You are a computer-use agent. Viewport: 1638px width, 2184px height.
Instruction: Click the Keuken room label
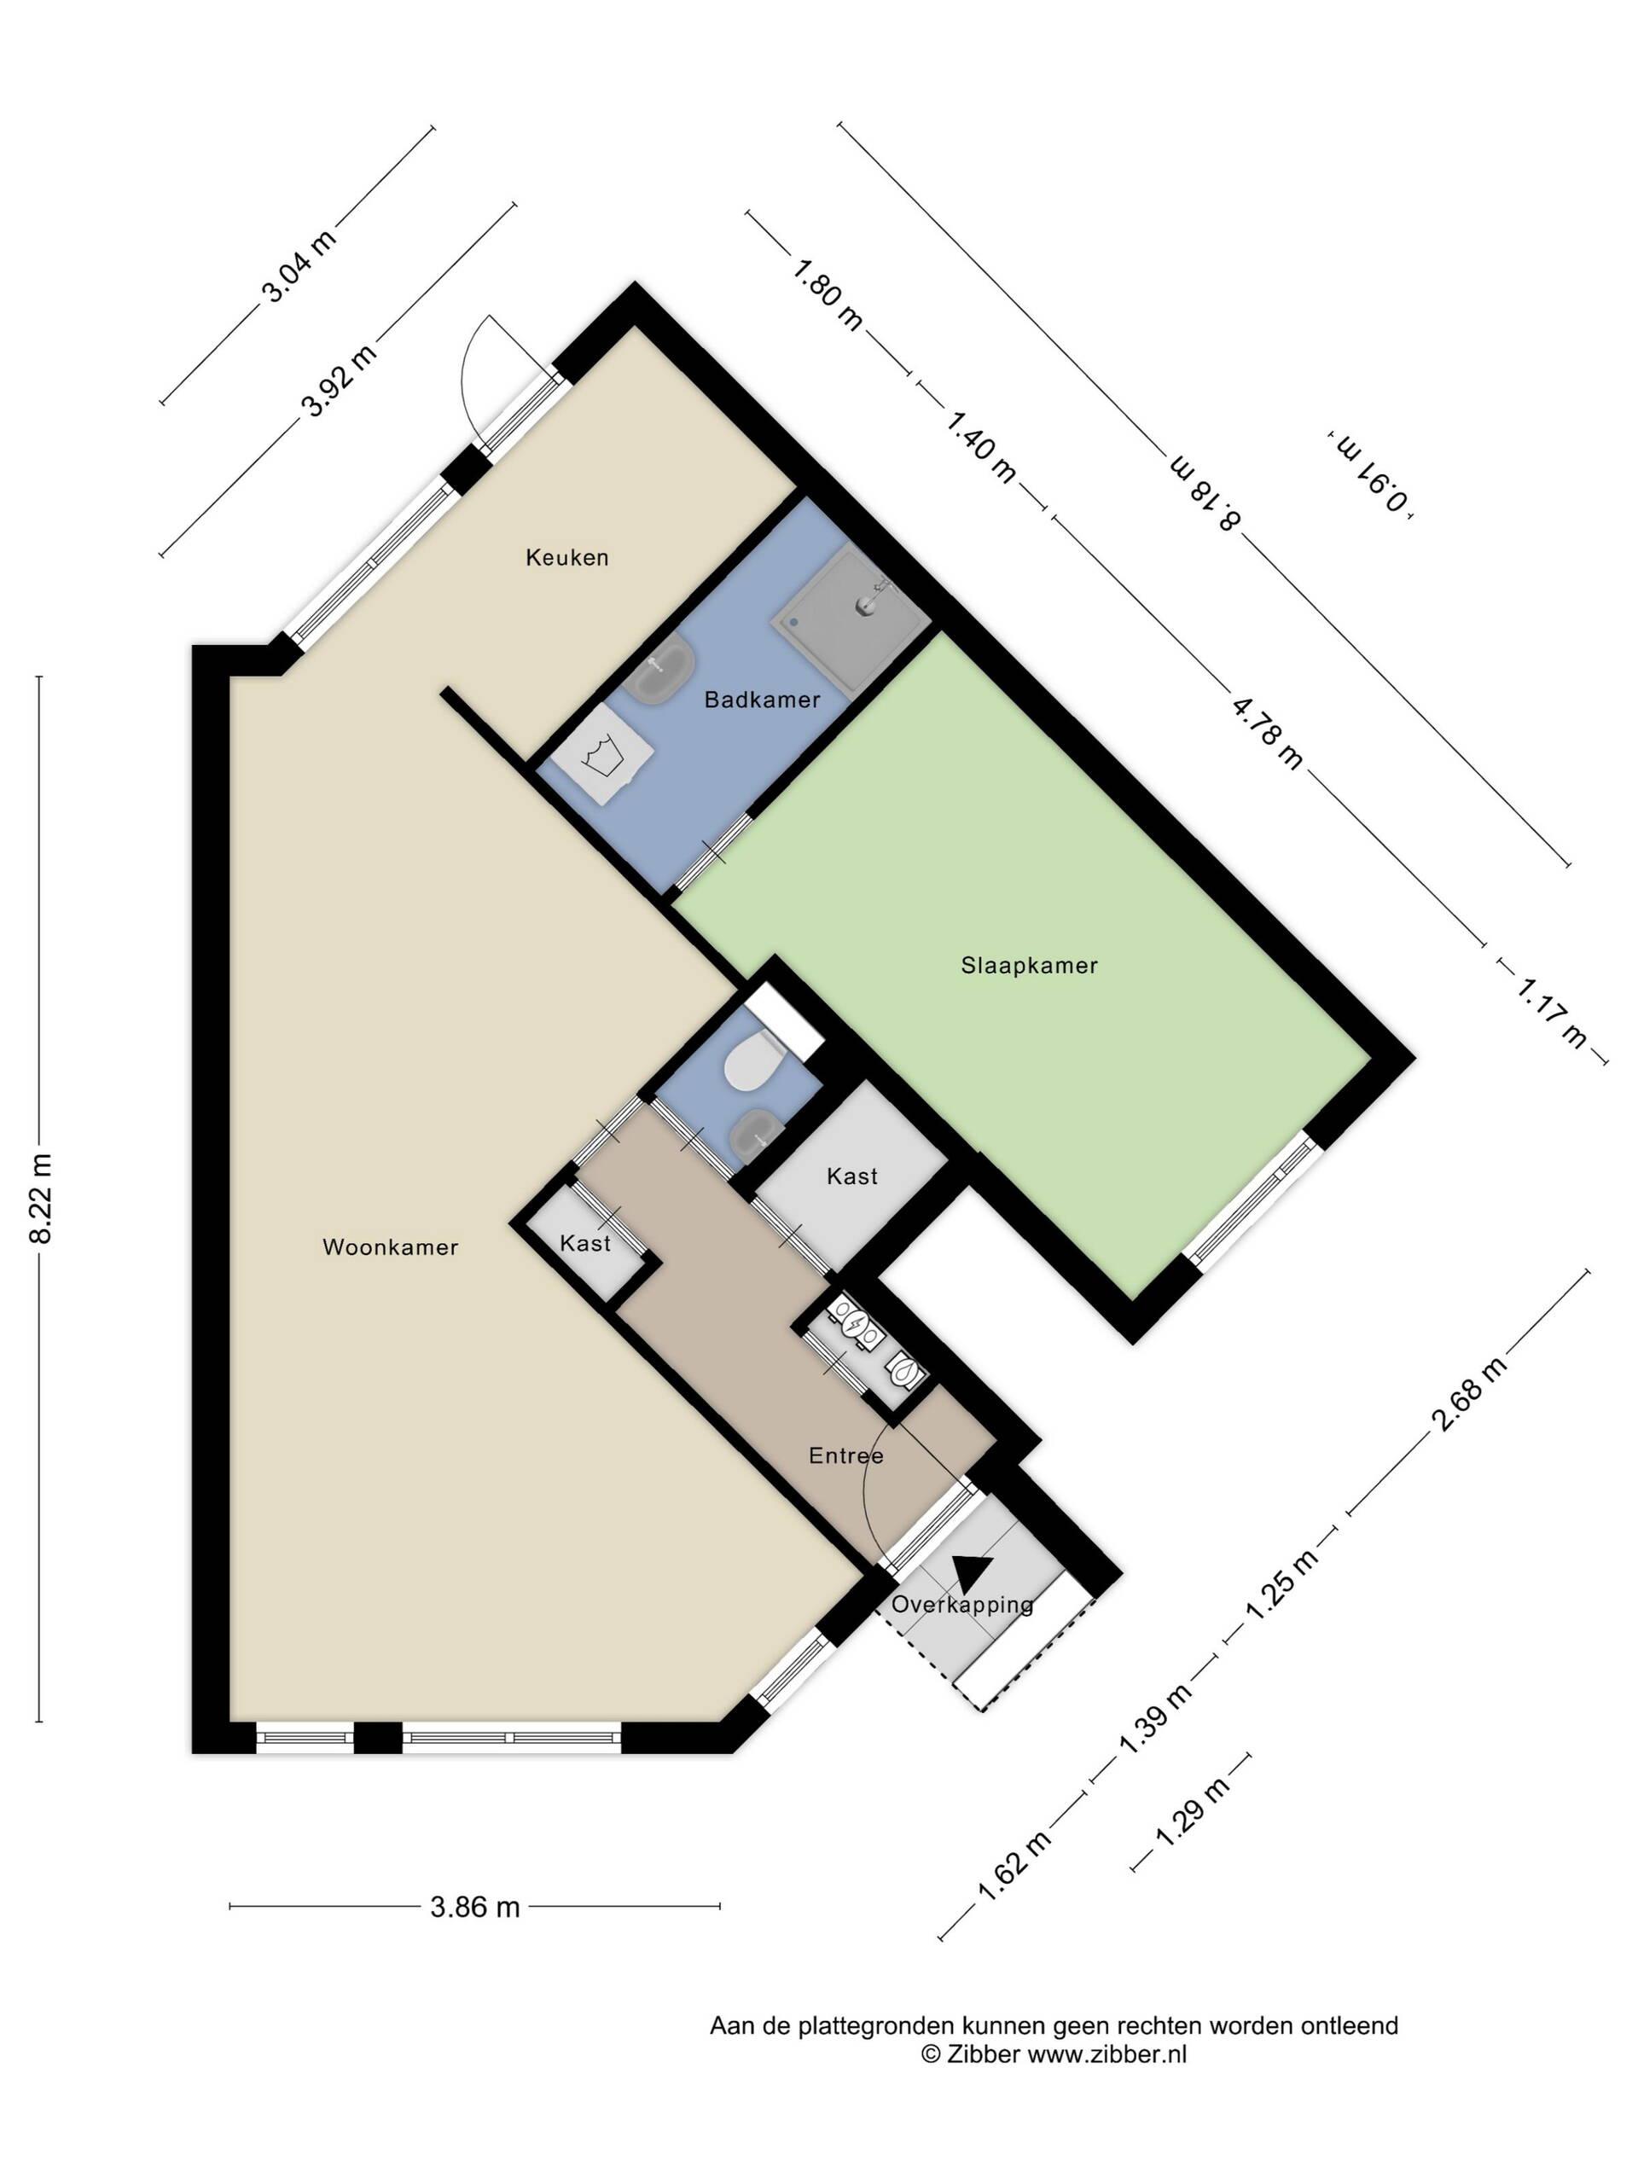pyautogui.click(x=566, y=557)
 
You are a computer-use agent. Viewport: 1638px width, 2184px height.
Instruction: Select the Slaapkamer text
pyautogui.click(x=1029, y=965)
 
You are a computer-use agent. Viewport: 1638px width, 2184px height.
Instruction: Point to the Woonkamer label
pyautogui.click(x=390, y=1246)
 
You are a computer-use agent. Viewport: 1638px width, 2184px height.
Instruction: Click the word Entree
pyautogui.click(x=845, y=1455)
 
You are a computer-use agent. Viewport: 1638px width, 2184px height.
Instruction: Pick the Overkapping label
pyautogui.click(x=961, y=1605)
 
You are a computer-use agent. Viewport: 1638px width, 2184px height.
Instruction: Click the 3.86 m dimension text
pyautogui.click(x=475, y=1907)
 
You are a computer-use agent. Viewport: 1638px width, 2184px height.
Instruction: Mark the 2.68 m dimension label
pyautogui.click(x=1469, y=1393)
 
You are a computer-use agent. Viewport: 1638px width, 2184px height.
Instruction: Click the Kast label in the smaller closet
pyautogui.click(x=584, y=1243)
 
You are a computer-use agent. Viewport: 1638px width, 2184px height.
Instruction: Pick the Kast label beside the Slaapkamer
pyautogui.click(x=851, y=1176)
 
